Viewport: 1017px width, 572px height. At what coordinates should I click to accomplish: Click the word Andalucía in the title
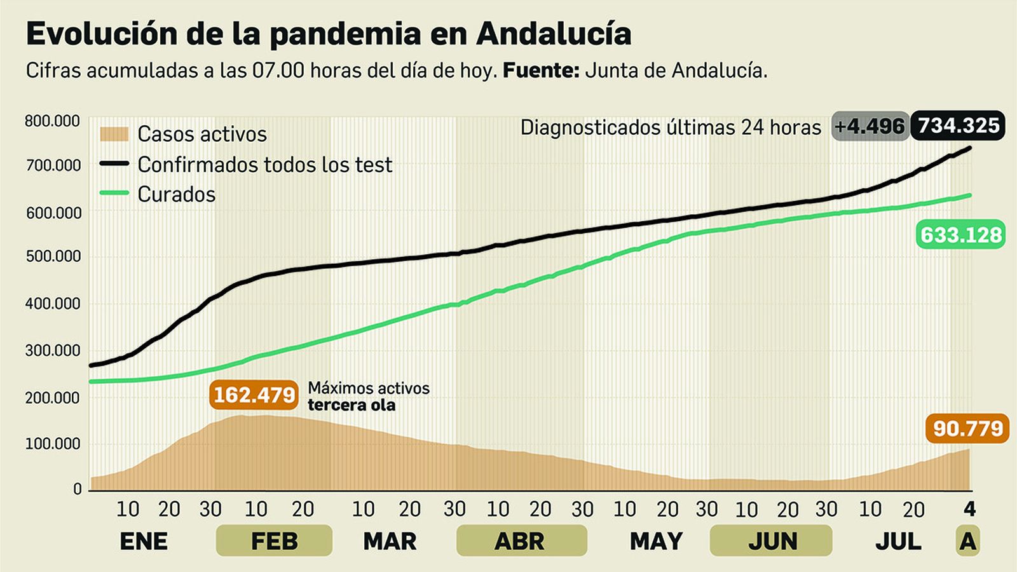click(x=553, y=34)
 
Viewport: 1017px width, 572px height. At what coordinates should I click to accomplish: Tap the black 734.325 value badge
click(x=958, y=126)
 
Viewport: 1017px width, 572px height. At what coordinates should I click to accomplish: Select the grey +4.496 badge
click(x=870, y=126)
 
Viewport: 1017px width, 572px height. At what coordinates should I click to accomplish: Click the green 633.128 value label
click(x=961, y=235)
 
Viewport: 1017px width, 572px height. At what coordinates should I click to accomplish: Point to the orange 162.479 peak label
click(x=254, y=395)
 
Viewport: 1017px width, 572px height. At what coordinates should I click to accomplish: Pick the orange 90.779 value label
click(x=967, y=429)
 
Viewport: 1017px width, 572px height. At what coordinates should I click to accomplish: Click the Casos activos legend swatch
click(x=114, y=134)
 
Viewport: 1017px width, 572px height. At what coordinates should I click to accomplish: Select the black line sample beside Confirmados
click(x=114, y=164)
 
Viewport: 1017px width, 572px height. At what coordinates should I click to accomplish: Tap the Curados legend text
click(x=177, y=194)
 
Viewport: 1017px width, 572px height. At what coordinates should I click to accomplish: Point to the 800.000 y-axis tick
click(x=53, y=121)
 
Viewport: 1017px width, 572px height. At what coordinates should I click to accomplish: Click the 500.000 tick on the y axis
click(x=53, y=256)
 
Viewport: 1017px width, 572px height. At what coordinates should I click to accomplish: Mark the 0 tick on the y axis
click(x=78, y=489)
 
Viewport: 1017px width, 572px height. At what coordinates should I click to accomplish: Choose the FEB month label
click(x=274, y=541)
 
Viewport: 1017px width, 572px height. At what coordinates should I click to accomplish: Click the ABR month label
click(x=520, y=541)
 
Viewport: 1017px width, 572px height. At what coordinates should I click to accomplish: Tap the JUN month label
click(x=772, y=541)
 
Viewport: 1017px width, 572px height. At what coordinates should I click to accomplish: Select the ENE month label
click(x=144, y=541)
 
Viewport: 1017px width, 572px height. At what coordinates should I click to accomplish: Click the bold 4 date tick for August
click(x=969, y=508)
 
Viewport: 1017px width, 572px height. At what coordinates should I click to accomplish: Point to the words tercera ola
click(x=352, y=405)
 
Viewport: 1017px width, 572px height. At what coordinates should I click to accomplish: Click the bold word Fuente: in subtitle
click(x=541, y=71)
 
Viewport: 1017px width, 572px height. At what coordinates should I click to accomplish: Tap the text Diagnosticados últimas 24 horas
click(x=671, y=128)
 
